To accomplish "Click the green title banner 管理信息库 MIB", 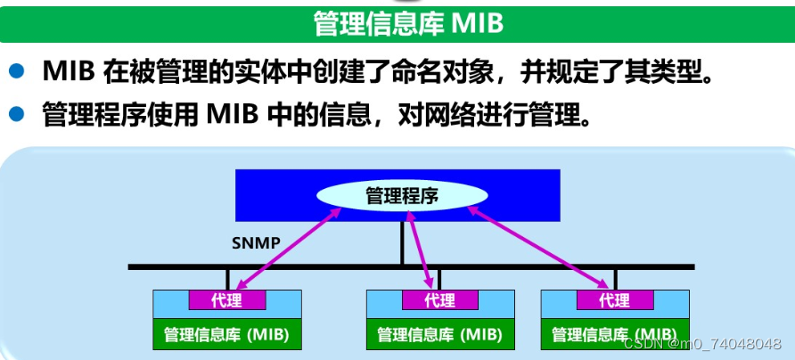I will coord(397,23).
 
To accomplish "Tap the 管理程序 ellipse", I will coord(402,195).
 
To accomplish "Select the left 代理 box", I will coord(226,300).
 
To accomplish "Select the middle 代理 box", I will coord(439,300).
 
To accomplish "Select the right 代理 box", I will coord(614,300).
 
